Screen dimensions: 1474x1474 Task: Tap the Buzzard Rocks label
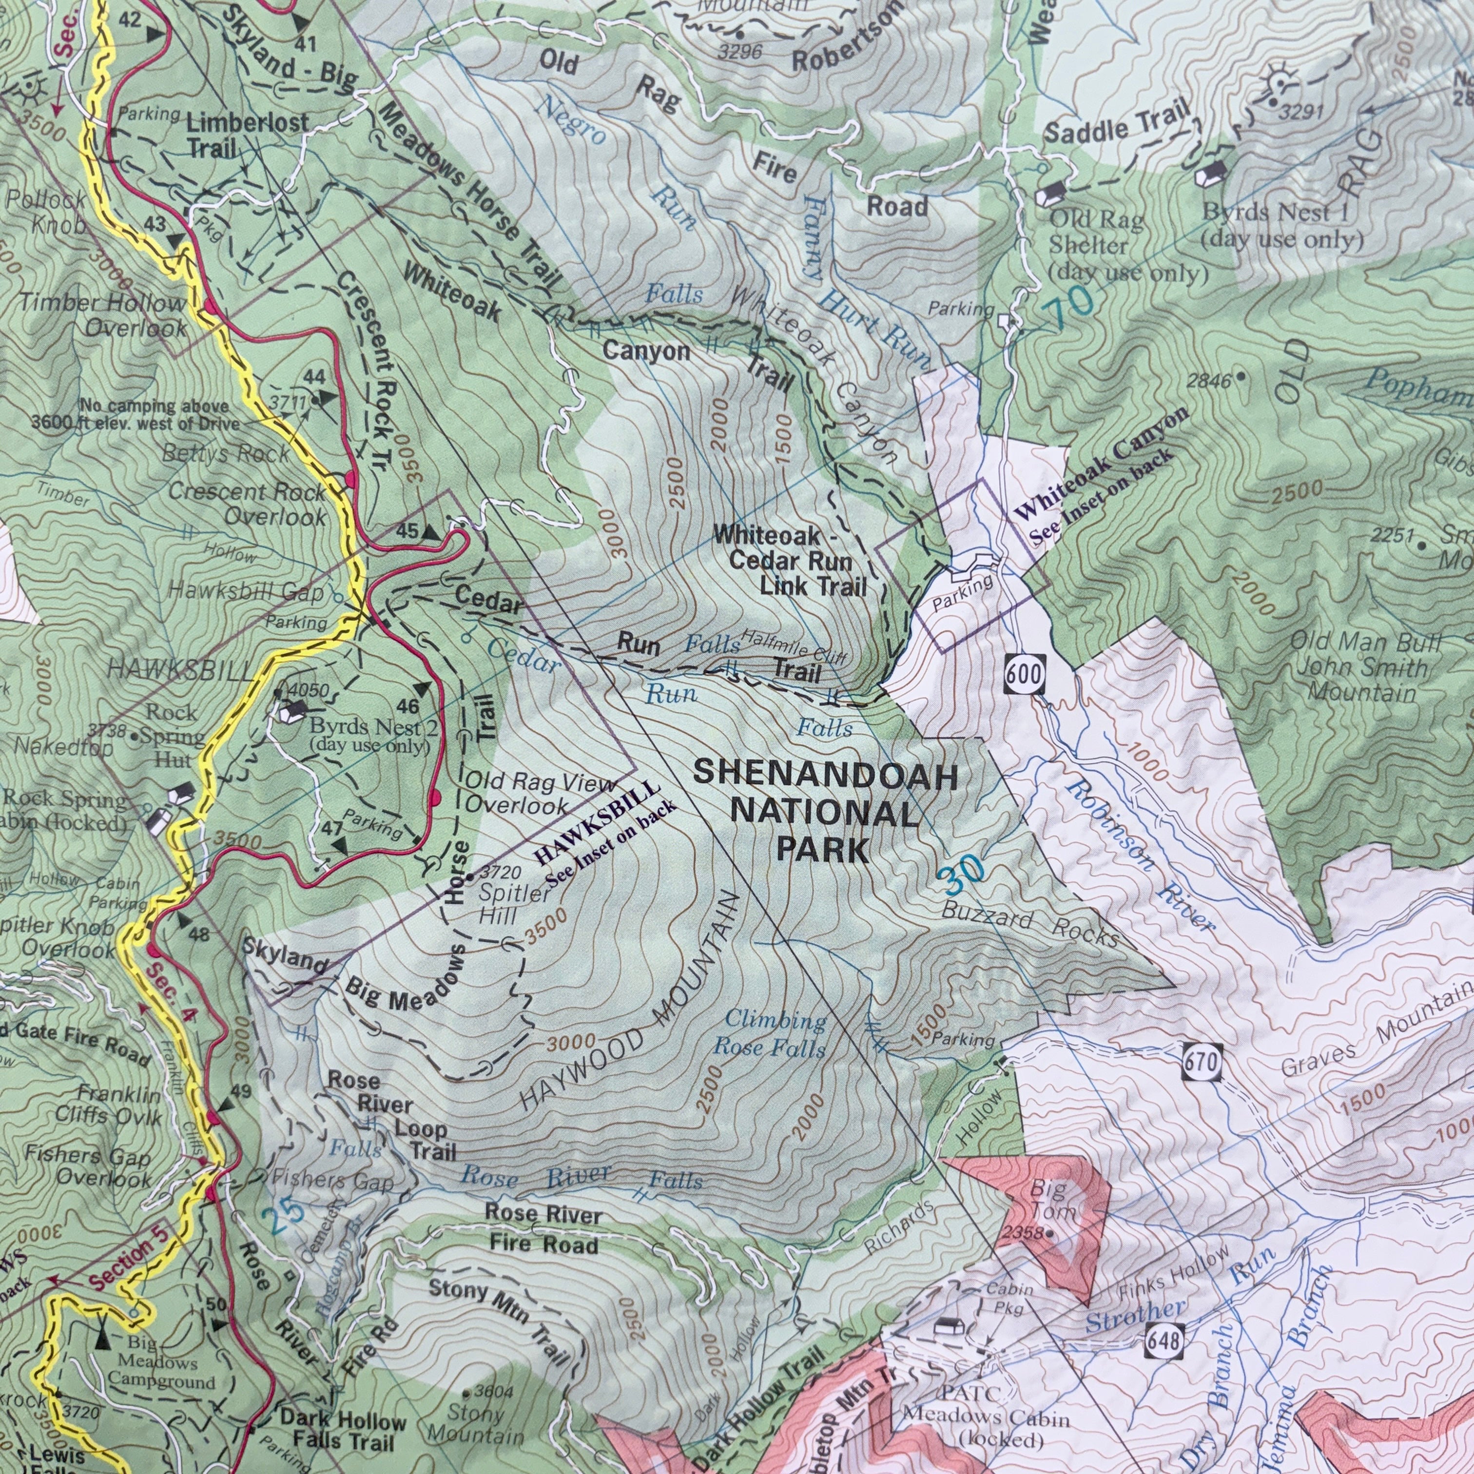click(1030, 923)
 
